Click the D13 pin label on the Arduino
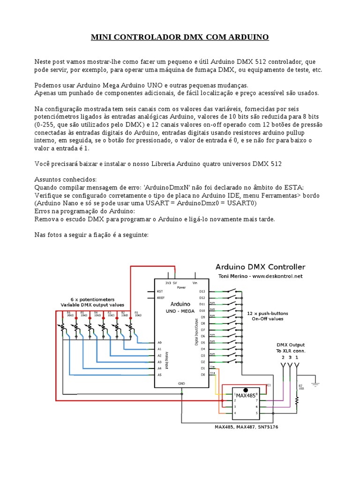202,292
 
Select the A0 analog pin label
159,343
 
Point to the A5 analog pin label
159,375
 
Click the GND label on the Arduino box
181,383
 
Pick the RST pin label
159,292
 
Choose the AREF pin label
160,298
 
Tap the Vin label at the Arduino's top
195,283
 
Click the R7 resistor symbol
297,399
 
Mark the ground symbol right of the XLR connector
315,383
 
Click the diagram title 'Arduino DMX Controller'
260,267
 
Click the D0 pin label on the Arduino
202,375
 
